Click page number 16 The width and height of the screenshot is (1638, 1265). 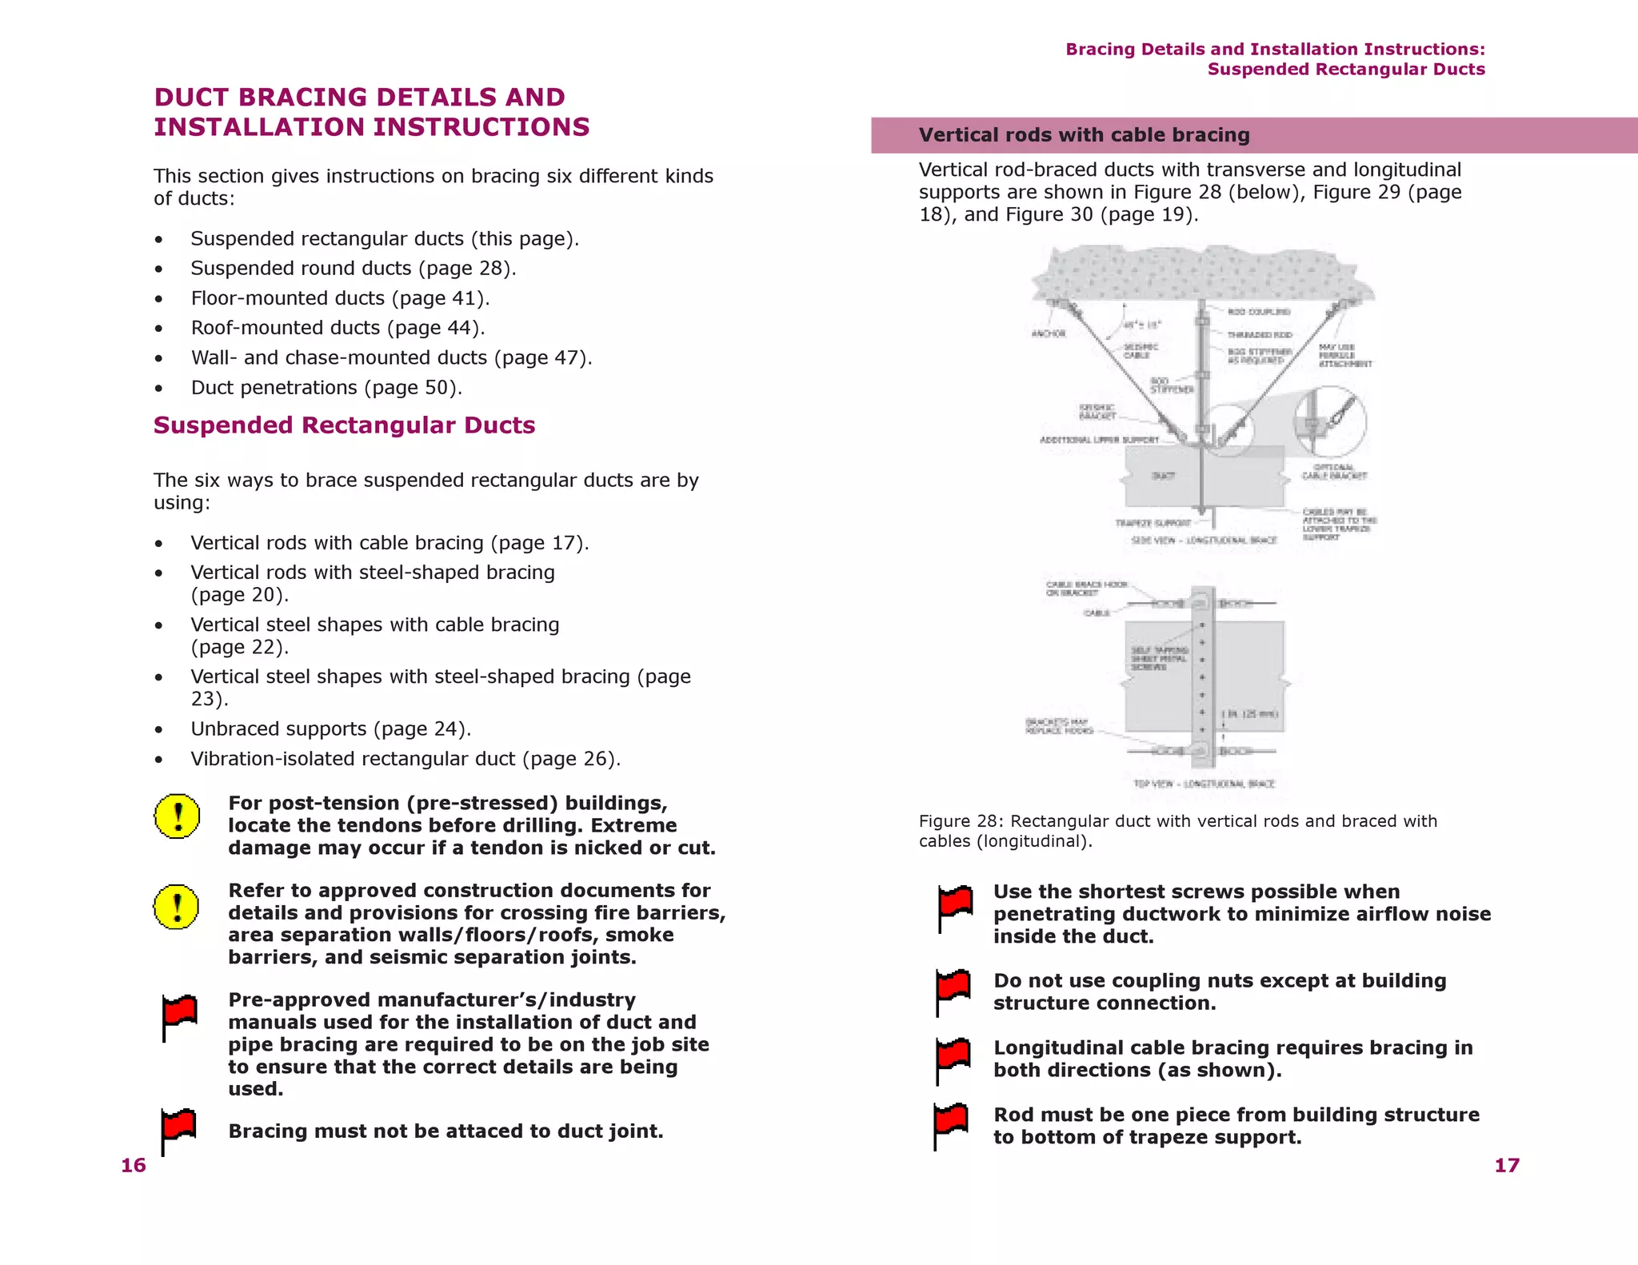(x=134, y=1165)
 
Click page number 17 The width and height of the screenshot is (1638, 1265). (x=1506, y=1165)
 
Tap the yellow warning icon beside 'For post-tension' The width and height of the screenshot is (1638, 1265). (x=177, y=816)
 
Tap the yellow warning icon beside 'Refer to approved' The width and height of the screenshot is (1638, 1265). (x=176, y=907)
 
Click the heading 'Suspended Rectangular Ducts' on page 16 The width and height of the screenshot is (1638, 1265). (x=344, y=425)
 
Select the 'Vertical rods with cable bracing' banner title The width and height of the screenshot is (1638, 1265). (x=1084, y=135)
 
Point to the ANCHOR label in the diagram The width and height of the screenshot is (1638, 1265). (x=1049, y=333)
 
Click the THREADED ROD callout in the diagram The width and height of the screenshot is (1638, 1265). (x=1260, y=334)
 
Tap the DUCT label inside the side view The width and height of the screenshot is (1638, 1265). (x=1164, y=476)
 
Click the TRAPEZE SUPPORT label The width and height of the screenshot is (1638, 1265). (x=1153, y=523)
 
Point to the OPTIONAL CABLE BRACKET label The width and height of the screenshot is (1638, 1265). (x=1334, y=472)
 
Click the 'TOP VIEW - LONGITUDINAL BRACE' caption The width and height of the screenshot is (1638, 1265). (x=1204, y=784)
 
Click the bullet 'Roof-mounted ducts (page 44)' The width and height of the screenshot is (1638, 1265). (x=338, y=328)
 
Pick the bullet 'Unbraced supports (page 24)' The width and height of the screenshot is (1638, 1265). (x=330, y=729)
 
